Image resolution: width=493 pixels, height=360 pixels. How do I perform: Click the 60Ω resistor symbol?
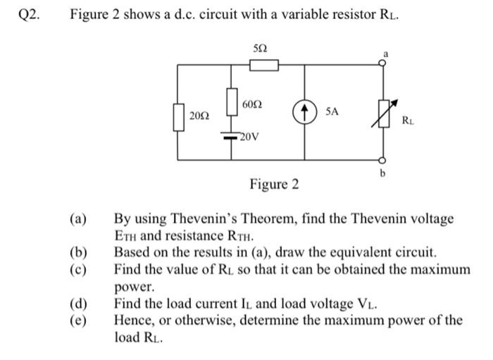[x=231, y=101]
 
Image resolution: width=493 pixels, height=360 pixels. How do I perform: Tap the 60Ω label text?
[x=252, y=104]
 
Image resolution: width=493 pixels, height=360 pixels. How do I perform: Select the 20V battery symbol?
[x=231, y=136]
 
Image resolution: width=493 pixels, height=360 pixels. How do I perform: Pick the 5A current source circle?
[x=304, y=112]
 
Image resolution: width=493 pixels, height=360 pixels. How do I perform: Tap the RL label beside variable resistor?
[x=408, y=121]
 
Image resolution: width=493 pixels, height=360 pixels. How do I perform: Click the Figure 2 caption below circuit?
[x=274, y=185]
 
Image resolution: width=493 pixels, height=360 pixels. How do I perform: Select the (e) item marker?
[x=78, y=321]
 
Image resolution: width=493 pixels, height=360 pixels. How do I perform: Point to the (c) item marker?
[x=78, y=270]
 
